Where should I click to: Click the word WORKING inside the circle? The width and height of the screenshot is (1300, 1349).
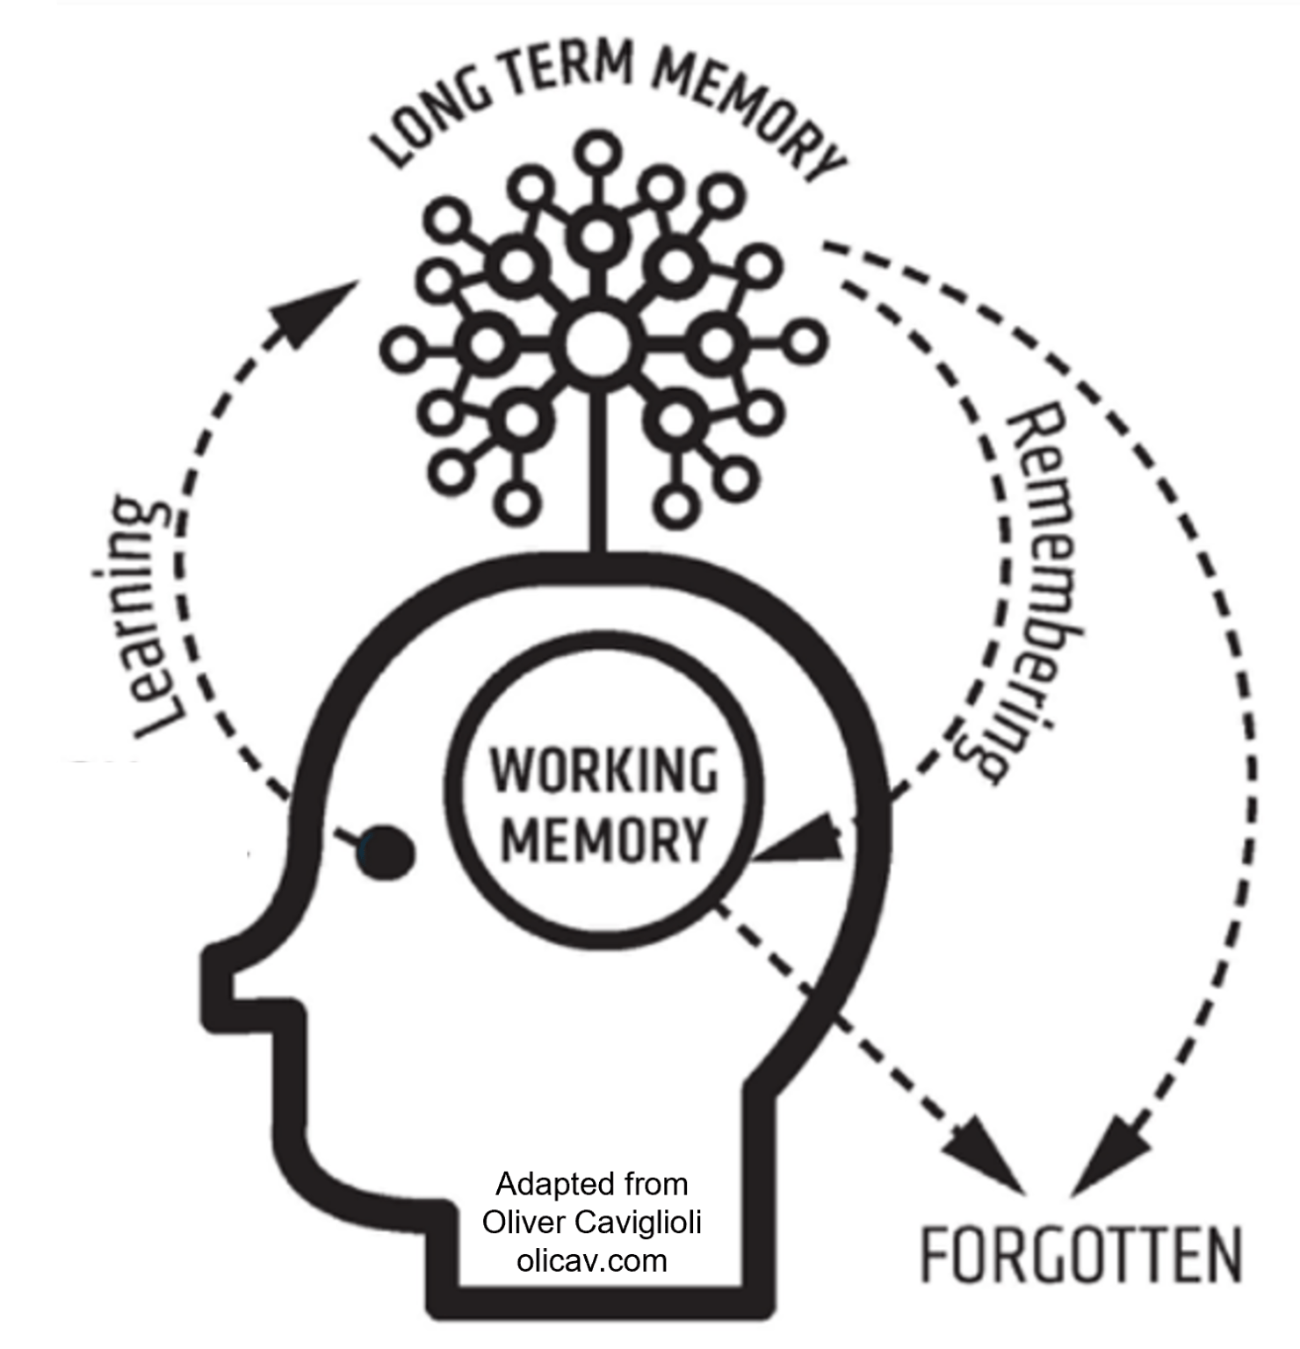click(604, 770)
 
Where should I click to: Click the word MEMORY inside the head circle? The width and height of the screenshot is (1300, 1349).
click(604, 840)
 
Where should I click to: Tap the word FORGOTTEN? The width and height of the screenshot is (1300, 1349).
click(1080, 1256)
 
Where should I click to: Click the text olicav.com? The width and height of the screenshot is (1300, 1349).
click(591, 1261)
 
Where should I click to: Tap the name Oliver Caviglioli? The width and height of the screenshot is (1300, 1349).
click(591, 1223)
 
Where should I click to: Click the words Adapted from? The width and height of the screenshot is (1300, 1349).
click(591, 1184)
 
